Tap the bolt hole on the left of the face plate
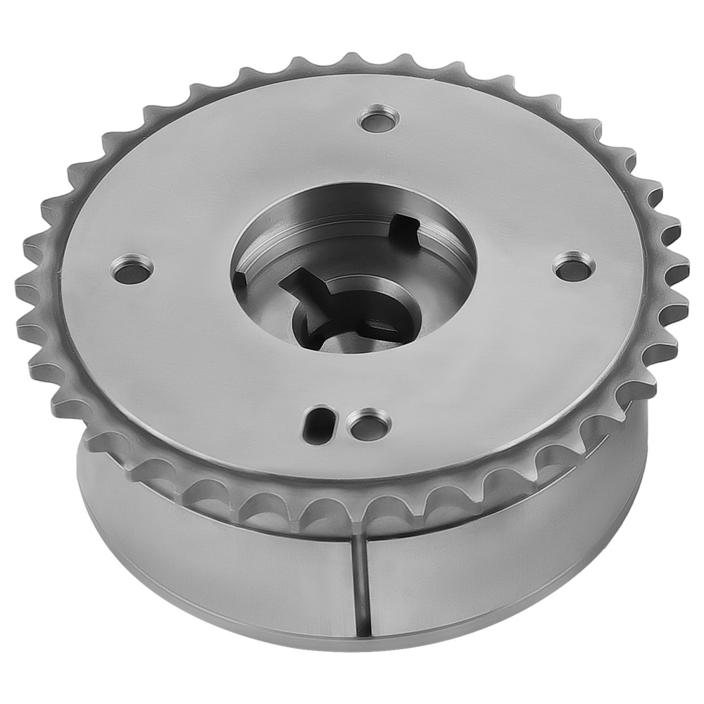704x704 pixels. (x=132, y=267)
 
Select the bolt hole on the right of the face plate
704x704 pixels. (x=573, y=265)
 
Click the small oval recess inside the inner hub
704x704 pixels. (x=381, y=325)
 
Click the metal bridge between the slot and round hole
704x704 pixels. (x=343, y=422)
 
